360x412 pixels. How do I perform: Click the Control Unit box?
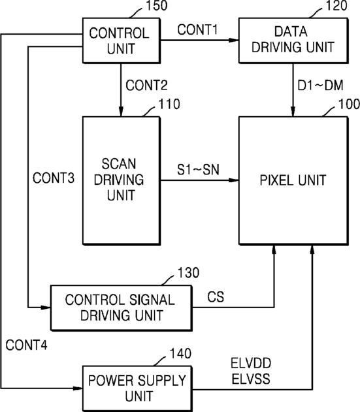tap(122, 40)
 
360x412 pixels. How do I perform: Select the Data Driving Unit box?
tap(293, 40)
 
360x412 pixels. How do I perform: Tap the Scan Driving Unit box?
tap(122, 181)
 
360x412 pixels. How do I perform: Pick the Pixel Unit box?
tap(293, 181)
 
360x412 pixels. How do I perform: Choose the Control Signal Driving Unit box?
tap(122, 308)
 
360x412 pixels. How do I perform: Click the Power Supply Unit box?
tap(137, 388)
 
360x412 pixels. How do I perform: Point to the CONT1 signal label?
tap(197, 29)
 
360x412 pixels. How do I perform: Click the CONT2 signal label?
tap(146, 85)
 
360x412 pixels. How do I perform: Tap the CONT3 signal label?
tap(54, 178)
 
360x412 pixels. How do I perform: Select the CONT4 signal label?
tap(27, 345)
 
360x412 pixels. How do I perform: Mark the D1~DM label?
tap(320, 85)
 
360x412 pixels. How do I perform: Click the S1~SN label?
tap(198, 170)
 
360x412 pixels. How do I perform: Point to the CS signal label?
tap(216, 297)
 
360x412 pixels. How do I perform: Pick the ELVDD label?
tap(251, 364)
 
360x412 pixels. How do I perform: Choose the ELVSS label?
tap(251, 379)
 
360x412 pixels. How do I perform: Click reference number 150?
tap(156, 5)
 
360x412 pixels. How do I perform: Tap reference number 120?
tap(336, 5)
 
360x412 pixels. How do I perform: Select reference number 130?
tap(188, 273)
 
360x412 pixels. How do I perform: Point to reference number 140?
tap(180, 353)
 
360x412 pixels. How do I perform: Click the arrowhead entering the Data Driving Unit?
tap(233, 40)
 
